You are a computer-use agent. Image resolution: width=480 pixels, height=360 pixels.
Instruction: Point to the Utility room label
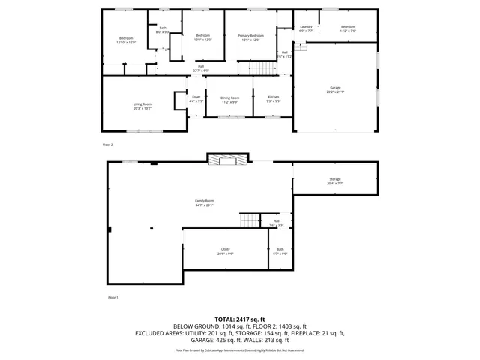225,250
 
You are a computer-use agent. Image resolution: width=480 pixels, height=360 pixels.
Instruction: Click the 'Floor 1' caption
112,298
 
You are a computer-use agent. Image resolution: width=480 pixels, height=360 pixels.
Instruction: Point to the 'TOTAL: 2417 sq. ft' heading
240,319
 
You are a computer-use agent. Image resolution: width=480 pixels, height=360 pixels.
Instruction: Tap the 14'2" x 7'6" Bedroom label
348,28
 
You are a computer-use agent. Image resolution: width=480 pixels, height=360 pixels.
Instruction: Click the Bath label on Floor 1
280,250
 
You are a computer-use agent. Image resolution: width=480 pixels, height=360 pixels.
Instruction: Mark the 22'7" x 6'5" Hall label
201,68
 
